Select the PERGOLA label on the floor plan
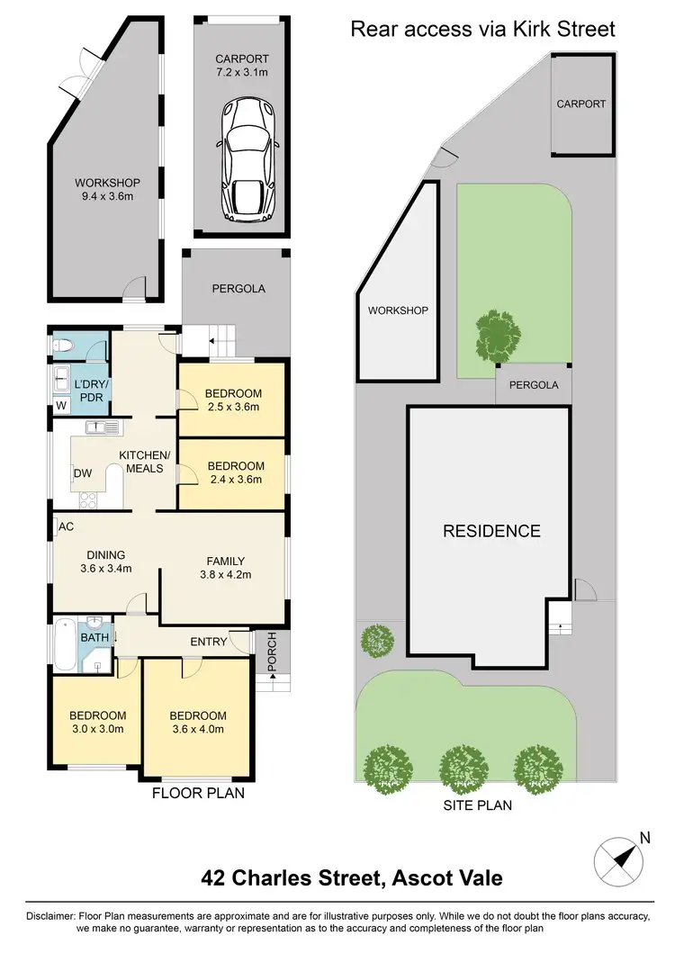238,289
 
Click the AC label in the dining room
66,526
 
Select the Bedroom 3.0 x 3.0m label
96,723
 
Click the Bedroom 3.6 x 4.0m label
197,723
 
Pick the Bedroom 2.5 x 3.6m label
232,400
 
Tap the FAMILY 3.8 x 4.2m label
224,568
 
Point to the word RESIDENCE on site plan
491,531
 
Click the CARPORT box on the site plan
581,104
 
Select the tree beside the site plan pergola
495,335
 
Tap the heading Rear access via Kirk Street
482,29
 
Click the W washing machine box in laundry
60,406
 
